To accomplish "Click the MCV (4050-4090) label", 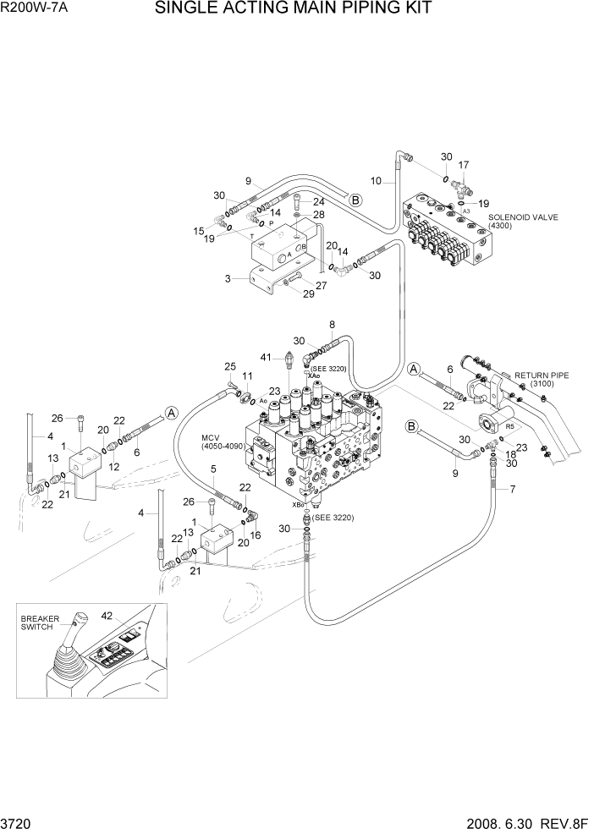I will tap(222, 441).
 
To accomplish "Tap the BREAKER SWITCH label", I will tap(41, 622).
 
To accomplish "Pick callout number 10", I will tap(377, 180).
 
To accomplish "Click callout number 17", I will tap(463, 165).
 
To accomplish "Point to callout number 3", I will tap(228, 277).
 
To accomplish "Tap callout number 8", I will tap(332, 324).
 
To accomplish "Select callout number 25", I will tap(229, 366).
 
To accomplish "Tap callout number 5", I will tap(213, 469).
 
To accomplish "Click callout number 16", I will tap(255, 535).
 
